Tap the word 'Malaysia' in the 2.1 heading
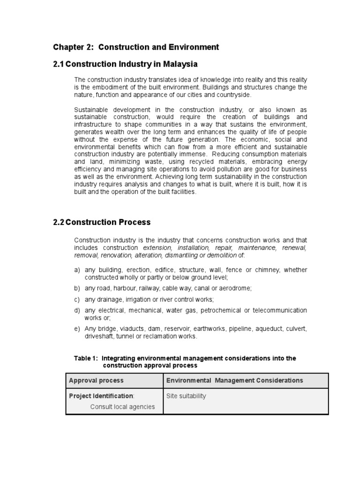pos(180,64)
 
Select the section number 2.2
pos(59,222)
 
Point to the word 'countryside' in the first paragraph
pos(221,95)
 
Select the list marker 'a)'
pos(77,270)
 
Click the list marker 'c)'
pos(77,299)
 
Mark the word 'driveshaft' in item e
pos(99,336)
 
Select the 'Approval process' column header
pos(96,381)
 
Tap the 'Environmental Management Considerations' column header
pos(234,381)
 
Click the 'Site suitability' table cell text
pos(186,396)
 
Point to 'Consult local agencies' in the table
pos(122,406)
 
